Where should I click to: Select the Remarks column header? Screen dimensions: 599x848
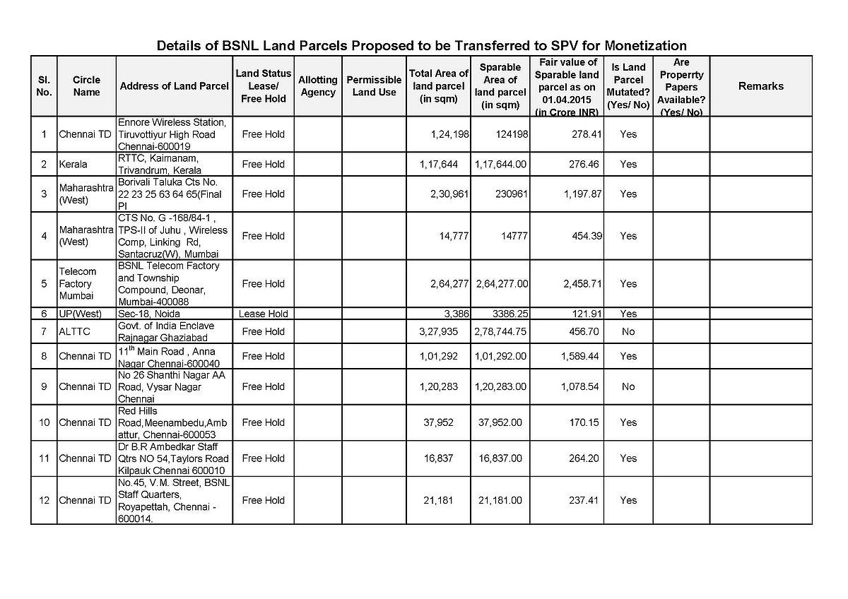coord(760,86)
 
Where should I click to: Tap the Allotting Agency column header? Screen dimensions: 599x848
coord(318,86)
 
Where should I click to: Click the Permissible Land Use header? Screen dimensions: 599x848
coord(374,86)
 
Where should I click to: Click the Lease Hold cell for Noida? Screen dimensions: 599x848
coord(264,314)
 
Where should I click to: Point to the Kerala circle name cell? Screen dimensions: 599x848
coord(73,164)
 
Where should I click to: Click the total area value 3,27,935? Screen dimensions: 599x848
coord(439,331)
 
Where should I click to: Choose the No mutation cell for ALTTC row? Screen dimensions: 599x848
coord(628,331)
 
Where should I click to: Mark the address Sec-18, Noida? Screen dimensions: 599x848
coord(149,314)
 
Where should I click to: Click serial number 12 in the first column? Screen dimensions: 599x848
coord(44,500)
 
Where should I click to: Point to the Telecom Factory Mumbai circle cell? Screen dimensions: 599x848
coord(77,283)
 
